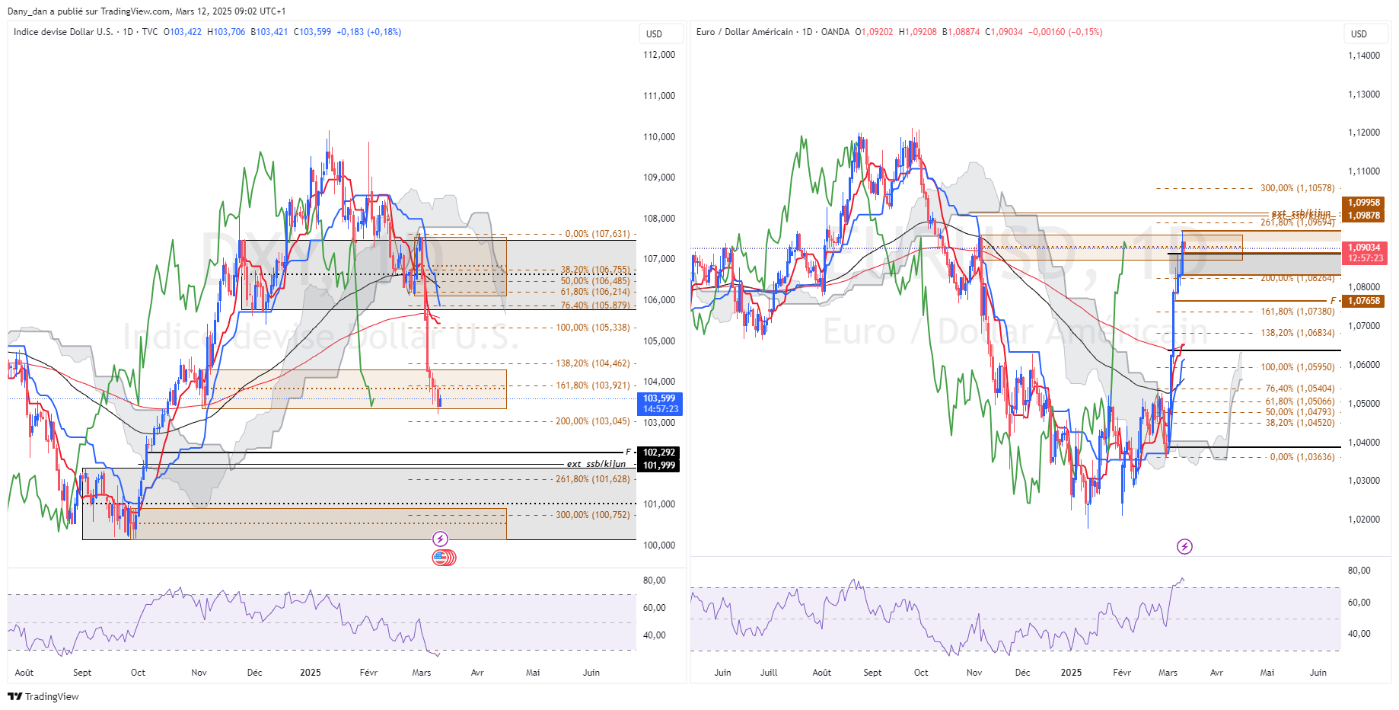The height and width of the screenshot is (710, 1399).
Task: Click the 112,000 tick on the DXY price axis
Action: [659, 55]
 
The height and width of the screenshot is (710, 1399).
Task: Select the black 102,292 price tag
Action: [659, 453]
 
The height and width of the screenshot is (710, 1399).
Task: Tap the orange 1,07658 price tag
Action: [1364, 301]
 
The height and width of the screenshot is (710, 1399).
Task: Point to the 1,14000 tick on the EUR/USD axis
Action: [1364, 56]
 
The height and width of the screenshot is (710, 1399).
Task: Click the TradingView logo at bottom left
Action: [43, 696]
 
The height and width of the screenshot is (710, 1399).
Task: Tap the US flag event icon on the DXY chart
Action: [441, 558]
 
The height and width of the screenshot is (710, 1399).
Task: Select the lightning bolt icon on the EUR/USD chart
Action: [1184, 546]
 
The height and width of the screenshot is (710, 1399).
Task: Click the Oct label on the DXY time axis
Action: [138, 673]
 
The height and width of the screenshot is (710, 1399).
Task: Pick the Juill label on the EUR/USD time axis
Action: [769, 673]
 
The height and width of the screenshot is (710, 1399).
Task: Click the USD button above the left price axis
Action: [654, 34]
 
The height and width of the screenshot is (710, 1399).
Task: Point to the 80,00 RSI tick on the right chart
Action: [1359, 571]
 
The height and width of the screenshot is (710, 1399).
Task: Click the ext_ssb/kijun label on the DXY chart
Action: [596, 464]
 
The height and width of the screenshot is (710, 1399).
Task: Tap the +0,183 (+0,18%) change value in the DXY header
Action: [368, 32]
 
